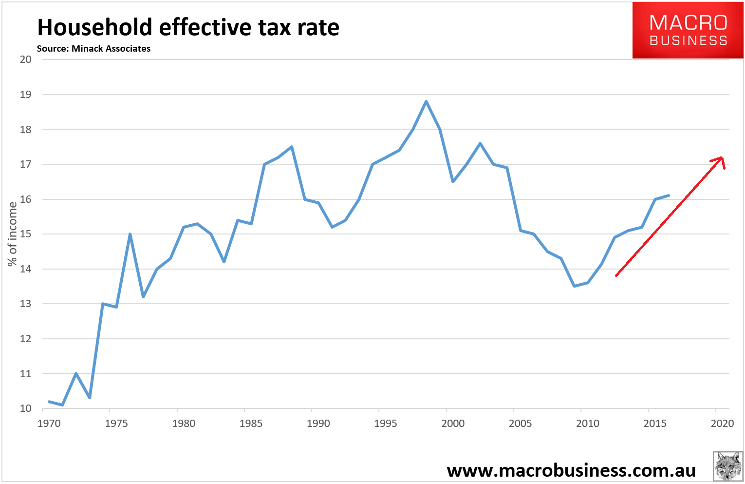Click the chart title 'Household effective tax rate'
click(x=188, y=27)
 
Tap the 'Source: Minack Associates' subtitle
click(x=93, y=49)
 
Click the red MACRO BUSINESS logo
click(x=688, y=30)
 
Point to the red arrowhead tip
click(x=722, y=157)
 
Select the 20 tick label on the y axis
click(x=25, y=59)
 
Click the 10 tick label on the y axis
click(x=25, y=408)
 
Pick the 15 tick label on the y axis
click(x=25, y=234)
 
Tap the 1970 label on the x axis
click(x=49, y=424)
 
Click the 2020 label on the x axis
click(x=722, y=424)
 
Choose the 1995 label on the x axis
click(x=386, y=424)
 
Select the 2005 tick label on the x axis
click(x=520, y=424)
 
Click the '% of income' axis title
click(x=12, y=234)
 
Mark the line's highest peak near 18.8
click(x=426, y=101)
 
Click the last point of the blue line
click(x=669, y=195)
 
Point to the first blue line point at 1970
click(x=49, y=401)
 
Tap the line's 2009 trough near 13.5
click(x=575, y=286)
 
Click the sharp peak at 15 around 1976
click(x=130, y=234)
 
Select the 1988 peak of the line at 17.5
click(x=292, y=147)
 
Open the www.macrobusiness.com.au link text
click(x=571, y=470)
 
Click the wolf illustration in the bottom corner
click(x=727, y=466)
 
